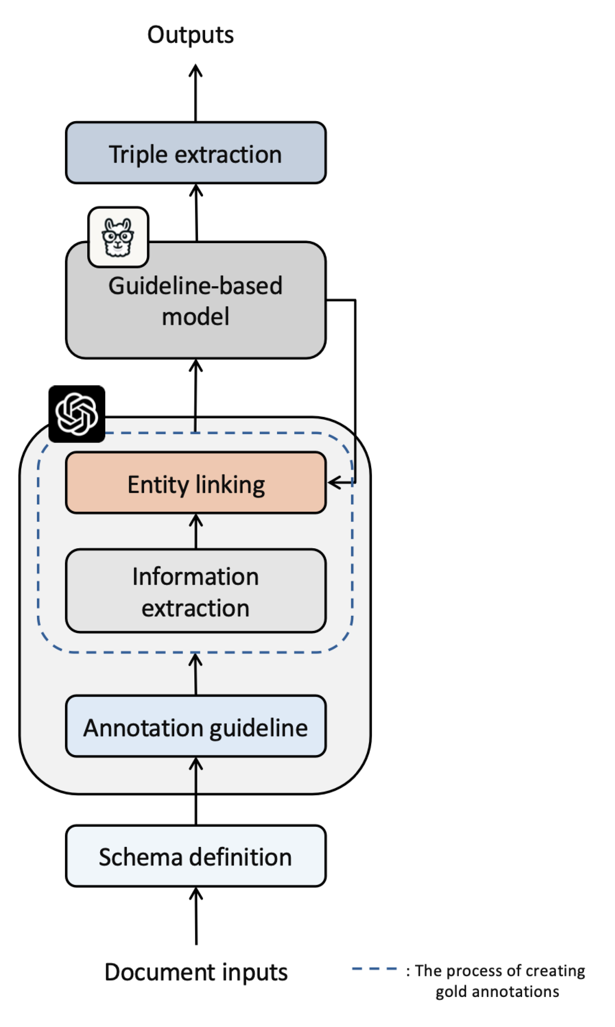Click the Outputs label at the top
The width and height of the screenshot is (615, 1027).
(x=190, y=35)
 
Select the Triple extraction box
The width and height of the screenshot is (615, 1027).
(x=196, y=153)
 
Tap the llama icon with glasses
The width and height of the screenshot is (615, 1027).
(x=118, y=237)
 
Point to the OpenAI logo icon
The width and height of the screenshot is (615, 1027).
(x=77, y=414)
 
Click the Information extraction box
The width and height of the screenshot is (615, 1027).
(x=196, y=591)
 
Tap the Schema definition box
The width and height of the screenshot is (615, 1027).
(x=196, y=856)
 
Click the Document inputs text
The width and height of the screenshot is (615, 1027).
(x=196, y=972)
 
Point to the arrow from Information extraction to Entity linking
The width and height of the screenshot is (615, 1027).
(x=196, y=532)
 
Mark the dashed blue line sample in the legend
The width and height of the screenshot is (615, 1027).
(x=374, y=969)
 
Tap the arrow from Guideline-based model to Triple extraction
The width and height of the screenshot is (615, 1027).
(x=197, y=213)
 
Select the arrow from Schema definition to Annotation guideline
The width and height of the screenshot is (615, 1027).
(x=196, y=791)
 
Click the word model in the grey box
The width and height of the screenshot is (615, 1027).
(x=196, y=317)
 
